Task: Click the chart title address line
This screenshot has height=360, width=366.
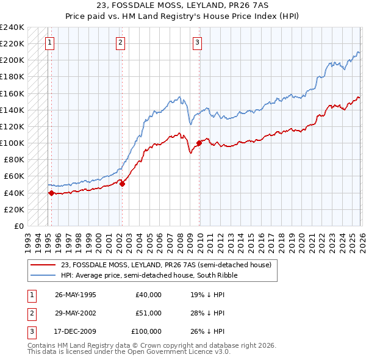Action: click(182, 5)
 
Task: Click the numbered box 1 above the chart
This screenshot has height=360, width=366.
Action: click(49, 42)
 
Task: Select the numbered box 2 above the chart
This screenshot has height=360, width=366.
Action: click(121, 42)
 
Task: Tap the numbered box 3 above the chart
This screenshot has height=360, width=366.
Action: click(198, 42)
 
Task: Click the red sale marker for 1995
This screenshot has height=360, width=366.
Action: click(51, 193)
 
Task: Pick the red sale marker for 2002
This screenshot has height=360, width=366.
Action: click(122, 184)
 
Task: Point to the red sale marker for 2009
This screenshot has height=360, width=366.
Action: click(199, 143)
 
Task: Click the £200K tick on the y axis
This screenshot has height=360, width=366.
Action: click(12, 60)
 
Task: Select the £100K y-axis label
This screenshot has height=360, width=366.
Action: click(12, 143)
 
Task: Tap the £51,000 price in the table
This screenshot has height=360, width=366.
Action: click(148, 313)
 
